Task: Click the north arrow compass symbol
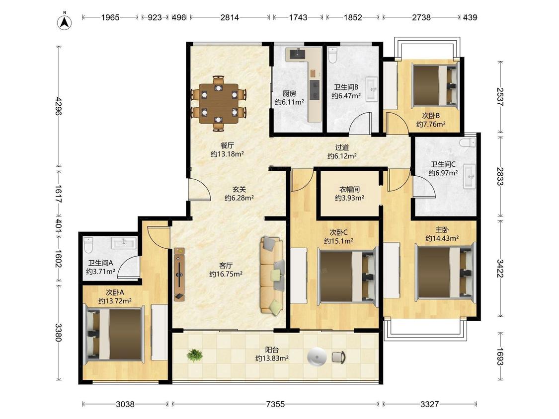click(x=65, y=22)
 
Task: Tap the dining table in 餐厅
click(x=219, y=103)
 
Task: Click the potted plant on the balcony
click(x=195, y=355)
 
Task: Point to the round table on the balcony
click(x=317, y=356)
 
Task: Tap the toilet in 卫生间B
click(x=332, y=55)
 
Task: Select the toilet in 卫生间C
click(x=468, y=143)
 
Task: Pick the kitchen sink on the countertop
click(x=297, y=54)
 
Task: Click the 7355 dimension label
click(x=275, y=404)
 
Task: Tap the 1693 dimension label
click(x=500, y=356)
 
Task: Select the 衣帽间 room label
click(x=349, y=189)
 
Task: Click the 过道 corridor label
click(x=342, y=147)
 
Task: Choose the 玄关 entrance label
click(x=239, y=190)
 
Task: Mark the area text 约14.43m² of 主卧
click(x=442, y=238)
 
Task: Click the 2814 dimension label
click(x=230, y=17)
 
